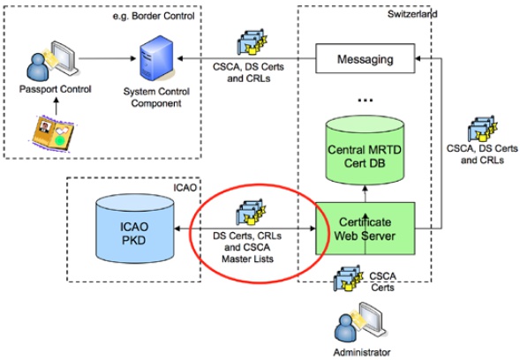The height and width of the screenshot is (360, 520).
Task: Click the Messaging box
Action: tap(365, 58)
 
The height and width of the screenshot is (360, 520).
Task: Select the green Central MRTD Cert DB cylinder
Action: tap(365, 150)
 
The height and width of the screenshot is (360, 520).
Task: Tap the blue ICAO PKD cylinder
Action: tap(135, 229)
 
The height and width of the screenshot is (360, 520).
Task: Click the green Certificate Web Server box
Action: tap(365, 229)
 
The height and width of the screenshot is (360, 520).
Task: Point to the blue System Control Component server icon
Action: tap(157, 58)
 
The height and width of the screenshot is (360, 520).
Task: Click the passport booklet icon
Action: tap(52, 132)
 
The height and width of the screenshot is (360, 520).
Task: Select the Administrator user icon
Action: tap(360, 323)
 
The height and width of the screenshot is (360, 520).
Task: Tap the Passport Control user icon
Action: tap(52, 61)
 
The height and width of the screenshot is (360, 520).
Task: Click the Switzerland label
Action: tap(412, 14)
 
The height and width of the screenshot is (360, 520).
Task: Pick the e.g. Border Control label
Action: tap(154, 16)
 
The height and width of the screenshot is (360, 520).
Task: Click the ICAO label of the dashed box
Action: tap(185, 188)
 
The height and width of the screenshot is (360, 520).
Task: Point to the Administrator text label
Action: tap(362, 352)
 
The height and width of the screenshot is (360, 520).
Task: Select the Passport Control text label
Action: tap(55, 89)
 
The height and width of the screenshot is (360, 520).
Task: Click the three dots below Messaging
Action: tap(366, 100)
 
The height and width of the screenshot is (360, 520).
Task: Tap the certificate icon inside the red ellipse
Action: tap(251, 212)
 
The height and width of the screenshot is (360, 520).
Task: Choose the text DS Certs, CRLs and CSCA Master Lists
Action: tap(247, 247)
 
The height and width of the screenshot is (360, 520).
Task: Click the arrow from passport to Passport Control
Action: tap(56, 106)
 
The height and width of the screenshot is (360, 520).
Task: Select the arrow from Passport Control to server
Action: tap(108, 58)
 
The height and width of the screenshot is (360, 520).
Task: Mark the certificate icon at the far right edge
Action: tap(483, 129)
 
